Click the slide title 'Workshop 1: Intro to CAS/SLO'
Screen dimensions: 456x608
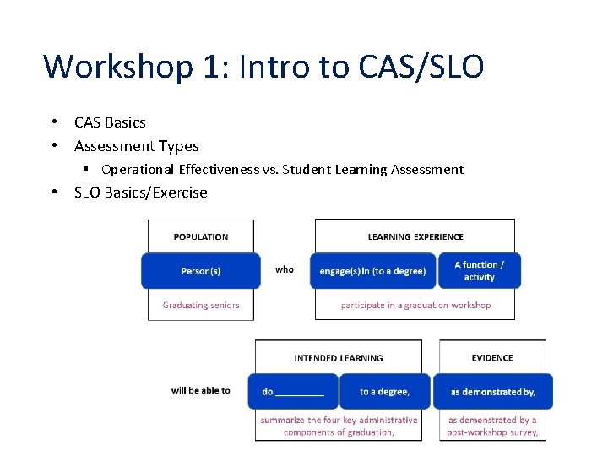point(263,66)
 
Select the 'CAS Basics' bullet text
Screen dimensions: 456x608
point(110,122)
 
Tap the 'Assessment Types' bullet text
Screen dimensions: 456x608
point(136,146)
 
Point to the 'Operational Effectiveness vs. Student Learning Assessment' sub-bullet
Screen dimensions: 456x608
point(282,170)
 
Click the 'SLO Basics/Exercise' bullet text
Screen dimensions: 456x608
point(140,193)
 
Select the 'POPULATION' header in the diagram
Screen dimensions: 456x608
point(201,236)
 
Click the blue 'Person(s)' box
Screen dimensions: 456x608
point(201,271)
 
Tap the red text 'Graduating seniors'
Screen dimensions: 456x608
point(201,305)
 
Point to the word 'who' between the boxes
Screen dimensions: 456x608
point(285,269)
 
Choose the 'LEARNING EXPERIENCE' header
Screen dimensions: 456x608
point(415,236)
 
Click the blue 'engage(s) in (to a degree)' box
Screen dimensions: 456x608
point(372,271)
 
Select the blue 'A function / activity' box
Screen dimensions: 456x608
point(479,270)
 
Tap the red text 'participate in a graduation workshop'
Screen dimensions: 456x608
point(415,305)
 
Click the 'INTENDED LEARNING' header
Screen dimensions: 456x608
point(339,358)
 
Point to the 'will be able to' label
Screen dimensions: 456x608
point(200,390)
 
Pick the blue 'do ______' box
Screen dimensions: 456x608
point(293,392)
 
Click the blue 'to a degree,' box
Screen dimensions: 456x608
point(384,392)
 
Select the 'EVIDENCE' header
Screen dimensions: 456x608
point(492,358)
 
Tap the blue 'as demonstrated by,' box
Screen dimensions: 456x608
point(492,392)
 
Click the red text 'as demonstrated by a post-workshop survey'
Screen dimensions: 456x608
point(492,426)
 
